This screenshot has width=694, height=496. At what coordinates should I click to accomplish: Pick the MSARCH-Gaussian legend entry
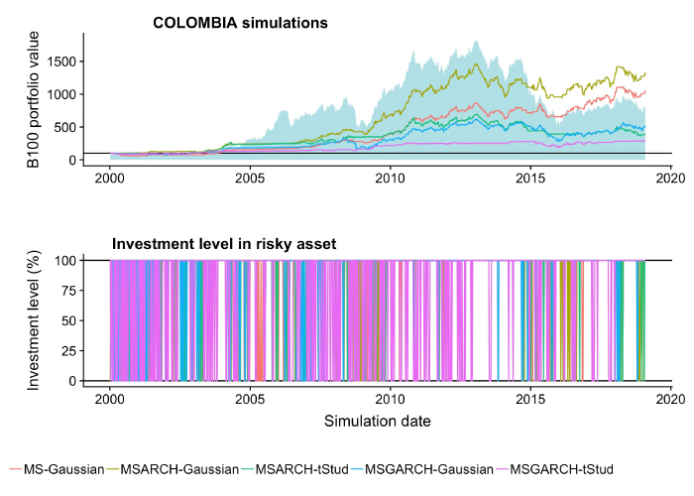(174, 468)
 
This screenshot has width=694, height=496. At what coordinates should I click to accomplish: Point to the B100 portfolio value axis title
(34, 99)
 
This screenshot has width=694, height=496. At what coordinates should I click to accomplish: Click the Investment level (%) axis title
(34, 320)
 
